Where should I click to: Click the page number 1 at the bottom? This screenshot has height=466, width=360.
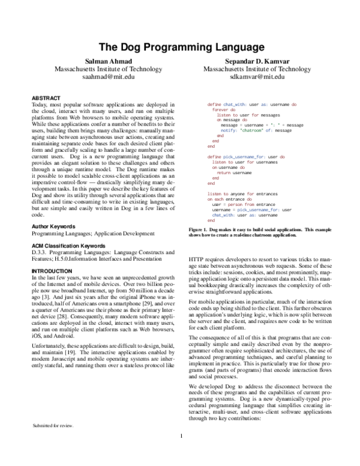[x=181, y=453]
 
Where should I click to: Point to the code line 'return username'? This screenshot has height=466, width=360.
[x=234, y=172]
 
